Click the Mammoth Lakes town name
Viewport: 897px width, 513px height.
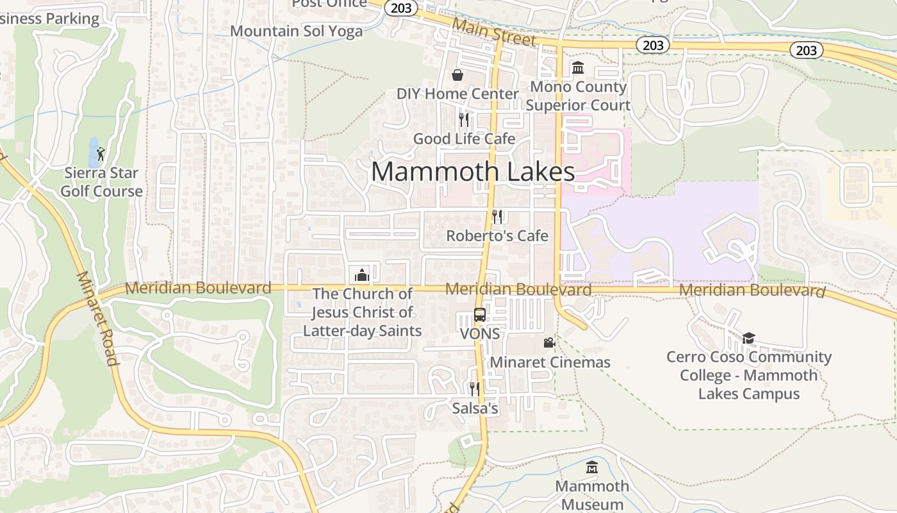[473, 172]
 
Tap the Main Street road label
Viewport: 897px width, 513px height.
[493, 31]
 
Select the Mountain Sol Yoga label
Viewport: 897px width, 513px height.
[296, 31]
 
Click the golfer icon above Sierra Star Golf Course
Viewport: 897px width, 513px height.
[101, 154]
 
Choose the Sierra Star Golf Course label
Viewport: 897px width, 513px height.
[102, 182]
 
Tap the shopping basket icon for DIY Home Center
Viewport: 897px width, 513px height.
[457, 76]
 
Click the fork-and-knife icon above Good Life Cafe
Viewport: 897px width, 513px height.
[464, 120]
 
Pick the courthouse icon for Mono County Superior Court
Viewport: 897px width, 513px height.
[577, 68]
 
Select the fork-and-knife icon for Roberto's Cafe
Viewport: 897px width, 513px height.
[497, 217]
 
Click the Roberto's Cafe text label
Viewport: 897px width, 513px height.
[497, 236]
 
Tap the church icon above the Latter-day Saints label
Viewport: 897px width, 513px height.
[362, 276]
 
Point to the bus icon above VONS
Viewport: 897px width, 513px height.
[479, 315]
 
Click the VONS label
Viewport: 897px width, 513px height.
[480, 334]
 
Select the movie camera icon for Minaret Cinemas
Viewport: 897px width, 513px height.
[549, 343]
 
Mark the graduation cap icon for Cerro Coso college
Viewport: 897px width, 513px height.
[748, 338]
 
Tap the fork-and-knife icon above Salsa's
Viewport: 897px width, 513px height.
[474, 389]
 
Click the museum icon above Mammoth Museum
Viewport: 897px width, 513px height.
[592, 467]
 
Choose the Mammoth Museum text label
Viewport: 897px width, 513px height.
[592, 495]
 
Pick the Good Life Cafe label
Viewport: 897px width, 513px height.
[464, 139]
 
